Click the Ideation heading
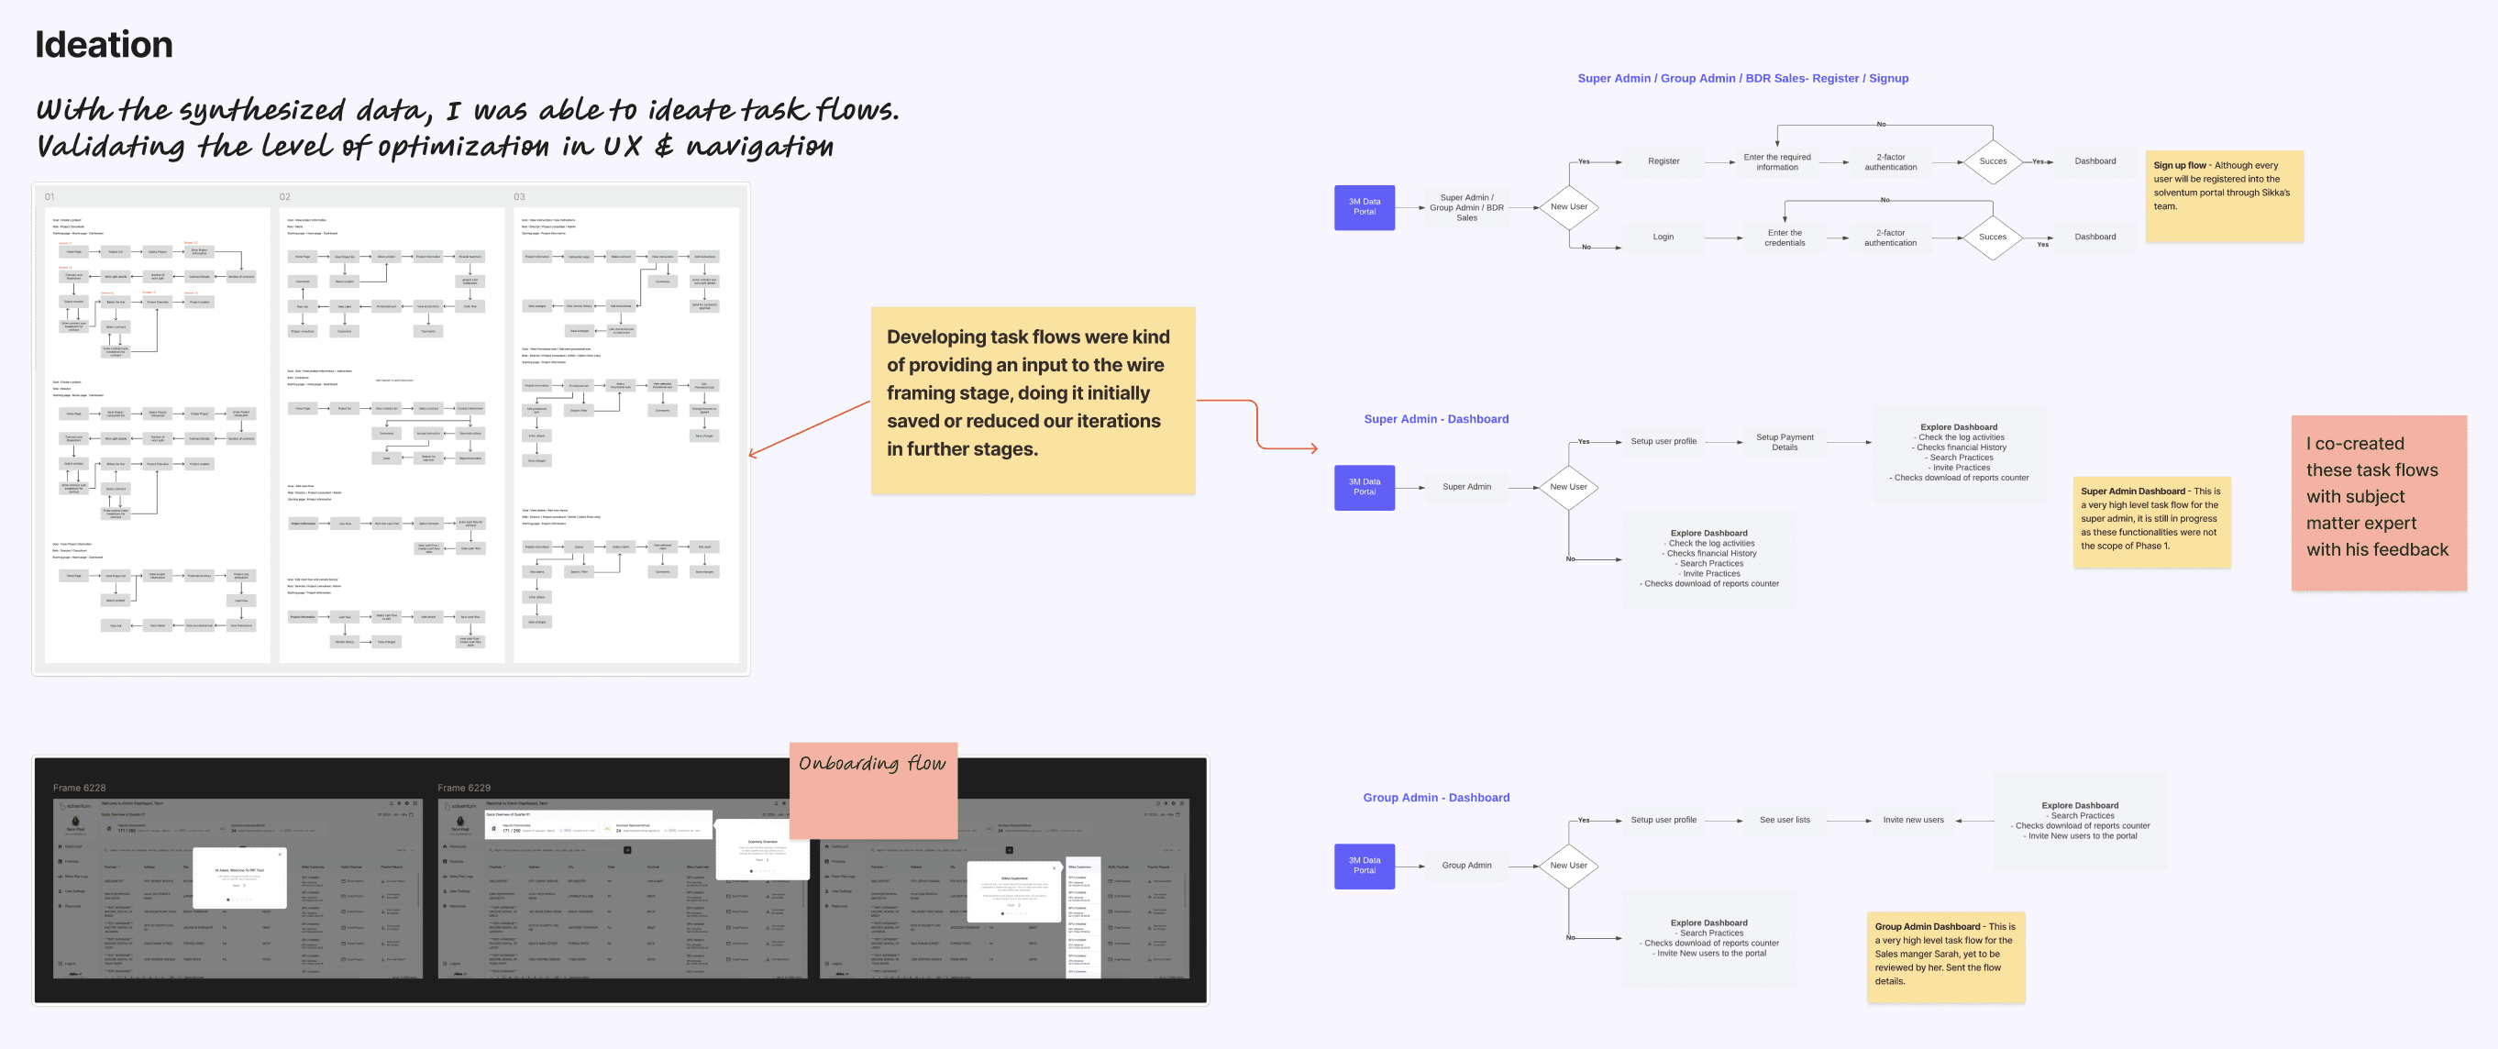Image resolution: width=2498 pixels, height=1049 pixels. point(104,45)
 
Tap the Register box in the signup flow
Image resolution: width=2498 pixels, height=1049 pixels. point(1663,161)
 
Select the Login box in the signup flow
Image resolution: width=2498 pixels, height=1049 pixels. point(1663,237)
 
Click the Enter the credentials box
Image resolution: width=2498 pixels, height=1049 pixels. point(1785,237)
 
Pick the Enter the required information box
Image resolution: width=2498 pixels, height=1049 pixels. point(1776,162)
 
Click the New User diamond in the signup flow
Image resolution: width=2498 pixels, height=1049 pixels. point(1568,206)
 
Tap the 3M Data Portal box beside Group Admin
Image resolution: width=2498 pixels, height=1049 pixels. point(1364,865)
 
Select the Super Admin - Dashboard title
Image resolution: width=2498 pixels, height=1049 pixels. point(1435,419)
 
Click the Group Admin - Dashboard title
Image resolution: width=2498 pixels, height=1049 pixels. point(1435,797)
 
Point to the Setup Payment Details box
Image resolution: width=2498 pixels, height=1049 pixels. point(1785,442)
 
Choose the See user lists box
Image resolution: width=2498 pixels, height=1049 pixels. point(1785,820)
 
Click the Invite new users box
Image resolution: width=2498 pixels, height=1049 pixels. point(1912,820)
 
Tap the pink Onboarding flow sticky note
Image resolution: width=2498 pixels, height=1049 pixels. point(873,790)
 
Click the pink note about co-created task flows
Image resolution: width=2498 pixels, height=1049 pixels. point(2378,502)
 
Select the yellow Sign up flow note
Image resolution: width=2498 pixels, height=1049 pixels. point(2224,196)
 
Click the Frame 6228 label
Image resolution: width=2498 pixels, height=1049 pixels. point(80,788)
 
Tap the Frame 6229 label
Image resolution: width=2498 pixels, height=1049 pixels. point(463,788)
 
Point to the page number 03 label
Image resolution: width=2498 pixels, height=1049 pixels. point(519,197)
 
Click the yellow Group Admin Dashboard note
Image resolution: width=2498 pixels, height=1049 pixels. point(1944,955)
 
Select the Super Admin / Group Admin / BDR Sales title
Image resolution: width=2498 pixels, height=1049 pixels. point(1741,79)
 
